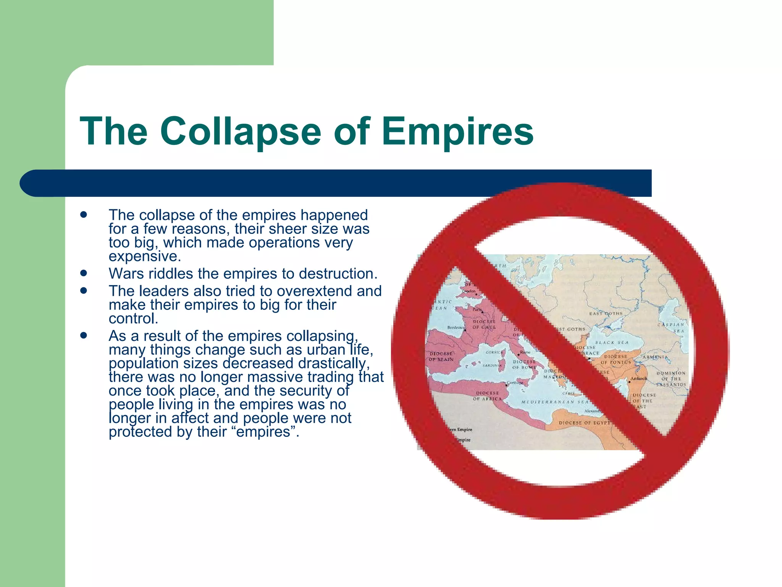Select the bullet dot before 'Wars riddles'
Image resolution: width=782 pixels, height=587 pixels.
click(84, 273)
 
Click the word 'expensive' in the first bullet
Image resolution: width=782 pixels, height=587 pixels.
click(144, 256)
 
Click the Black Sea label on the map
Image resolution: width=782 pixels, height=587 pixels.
click(612, 342)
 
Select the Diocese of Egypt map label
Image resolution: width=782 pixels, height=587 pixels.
click(585, 423)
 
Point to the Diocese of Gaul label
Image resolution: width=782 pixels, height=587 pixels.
click(484, 324)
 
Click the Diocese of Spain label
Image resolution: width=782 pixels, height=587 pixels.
click(441, 357)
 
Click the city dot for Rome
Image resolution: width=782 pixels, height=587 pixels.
click(518, 355)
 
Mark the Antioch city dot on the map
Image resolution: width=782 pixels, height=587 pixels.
click(629, 381)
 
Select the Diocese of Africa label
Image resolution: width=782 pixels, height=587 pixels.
click(487, 396)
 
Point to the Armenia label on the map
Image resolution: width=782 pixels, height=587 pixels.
click(655, 357)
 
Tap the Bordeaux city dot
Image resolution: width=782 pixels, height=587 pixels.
click(465, 330)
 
